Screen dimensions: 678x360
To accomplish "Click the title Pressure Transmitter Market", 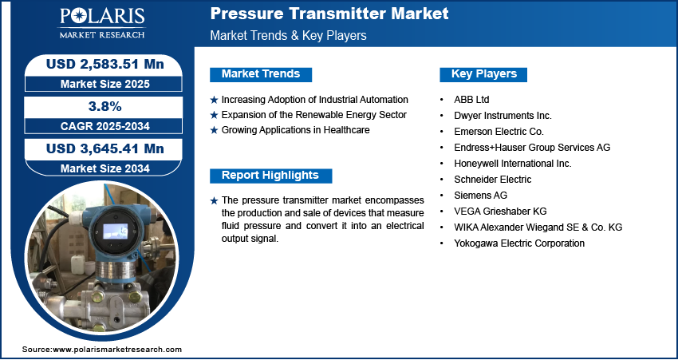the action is click(x=329, y=14).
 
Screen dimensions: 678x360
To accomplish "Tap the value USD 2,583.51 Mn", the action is click(x=105, y=65).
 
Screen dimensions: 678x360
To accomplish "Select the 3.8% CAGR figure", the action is click(x=104, y=106).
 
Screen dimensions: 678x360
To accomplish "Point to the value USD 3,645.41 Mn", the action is click(x=105, y=148).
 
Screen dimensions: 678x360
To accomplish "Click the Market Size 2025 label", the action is click(x=105, y=84).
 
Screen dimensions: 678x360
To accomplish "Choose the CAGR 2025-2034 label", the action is click(x=105, y=126).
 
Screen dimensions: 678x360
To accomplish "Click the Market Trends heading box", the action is click(x=261, y=74).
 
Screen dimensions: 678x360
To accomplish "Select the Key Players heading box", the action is click(x=483, y=74).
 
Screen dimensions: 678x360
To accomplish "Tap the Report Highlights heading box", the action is click(x=270, y=176).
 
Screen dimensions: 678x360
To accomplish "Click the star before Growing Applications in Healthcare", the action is click(x=214, y=130).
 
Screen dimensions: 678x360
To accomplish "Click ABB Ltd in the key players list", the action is click(x=471, y=100).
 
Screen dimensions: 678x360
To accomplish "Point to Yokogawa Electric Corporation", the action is click(x=519, y=243).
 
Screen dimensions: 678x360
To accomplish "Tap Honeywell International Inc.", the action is click(x=513, y=164).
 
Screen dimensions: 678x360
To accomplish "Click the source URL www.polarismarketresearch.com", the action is click(x=117, y=350).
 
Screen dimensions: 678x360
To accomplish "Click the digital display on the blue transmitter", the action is click(x=116, y=231).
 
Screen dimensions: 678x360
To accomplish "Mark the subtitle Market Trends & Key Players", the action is click(x=289, y=35).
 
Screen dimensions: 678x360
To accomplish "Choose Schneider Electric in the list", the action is click(x=492, y=179).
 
